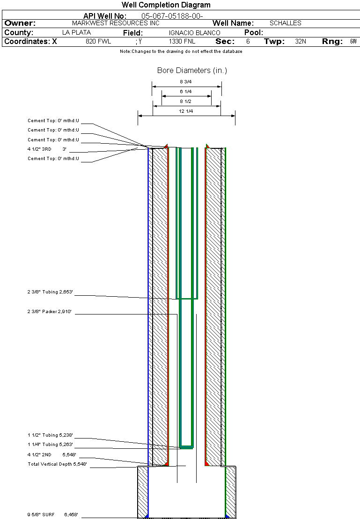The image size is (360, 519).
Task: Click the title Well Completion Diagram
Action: pyautogui.click(x=166, y=5)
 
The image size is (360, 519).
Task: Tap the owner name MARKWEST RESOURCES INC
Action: pyautogui.click(x=116, y=23)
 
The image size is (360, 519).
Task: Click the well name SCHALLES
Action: pyautogui.click(x=286, y=23)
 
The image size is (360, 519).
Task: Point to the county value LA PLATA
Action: pyautogui.click(x=76, y=33)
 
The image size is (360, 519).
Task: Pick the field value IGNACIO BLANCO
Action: pyautogui.click(x=194, y=33)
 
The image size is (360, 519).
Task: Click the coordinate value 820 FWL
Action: pyautogui.click(x=98, y=42)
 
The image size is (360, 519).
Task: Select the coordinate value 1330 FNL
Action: pyautogui.click(x=182, y=42)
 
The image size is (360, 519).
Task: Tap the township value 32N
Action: pyautogui.click(x=301, y=42)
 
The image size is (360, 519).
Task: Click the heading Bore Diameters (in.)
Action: pyautogui.click(x=192, y=71)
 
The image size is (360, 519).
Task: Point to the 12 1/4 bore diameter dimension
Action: pyautogui.click(x=186, y=111)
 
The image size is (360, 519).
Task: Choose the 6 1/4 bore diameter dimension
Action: pyautogui.click(x=186, y=92)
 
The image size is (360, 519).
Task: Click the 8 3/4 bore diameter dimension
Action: pyautogui.click(x=186, y=82)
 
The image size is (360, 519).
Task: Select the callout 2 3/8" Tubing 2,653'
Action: pyautogui.click(x=50, y=292)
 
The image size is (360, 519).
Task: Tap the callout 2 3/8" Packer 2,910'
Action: pyautogui.click(x=49, y=311)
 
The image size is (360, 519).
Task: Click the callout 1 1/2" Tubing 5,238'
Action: pyautogui.click(x=50, y=435)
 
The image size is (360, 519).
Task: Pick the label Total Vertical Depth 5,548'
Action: pyautogui.click(x=57, y=464)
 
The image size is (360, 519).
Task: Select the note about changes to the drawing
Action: pyautogui.click(x=181, y=51)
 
